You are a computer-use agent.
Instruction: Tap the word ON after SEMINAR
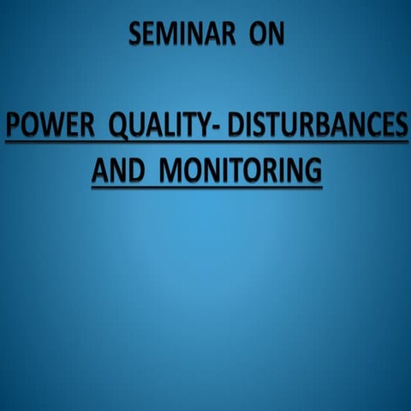coord(262,35)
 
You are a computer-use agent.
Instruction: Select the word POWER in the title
coord(47,129)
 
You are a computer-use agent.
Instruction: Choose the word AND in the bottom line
coord(116,169)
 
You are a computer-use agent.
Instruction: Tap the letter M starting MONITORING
coord(172,169)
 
